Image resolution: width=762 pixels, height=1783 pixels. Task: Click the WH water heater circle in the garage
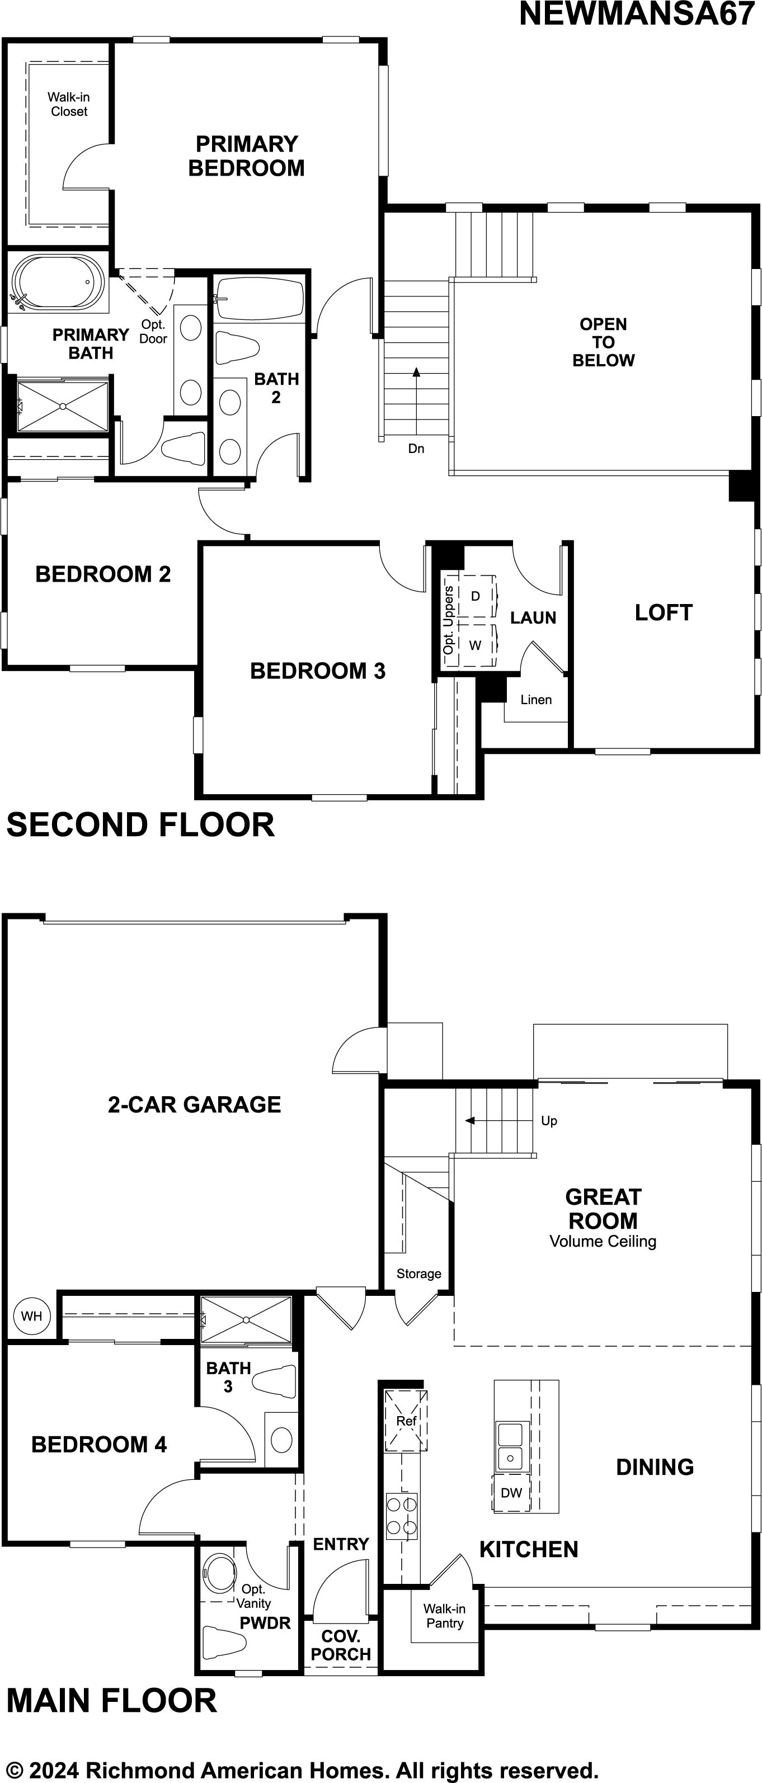point(31,1316)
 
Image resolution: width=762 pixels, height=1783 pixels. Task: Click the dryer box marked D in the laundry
point(476,595)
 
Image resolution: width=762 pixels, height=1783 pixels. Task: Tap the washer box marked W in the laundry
point(476,645)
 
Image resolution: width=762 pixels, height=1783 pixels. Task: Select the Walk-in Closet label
point(68,105)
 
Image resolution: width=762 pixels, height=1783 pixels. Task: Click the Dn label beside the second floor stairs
point(416,449)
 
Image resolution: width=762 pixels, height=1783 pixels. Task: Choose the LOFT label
point(663,612)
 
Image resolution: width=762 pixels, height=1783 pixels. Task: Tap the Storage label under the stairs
point(418,1273)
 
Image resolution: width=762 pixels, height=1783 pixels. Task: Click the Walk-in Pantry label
point(444,1616)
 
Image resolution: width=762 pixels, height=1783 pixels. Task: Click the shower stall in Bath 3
point(246,1320)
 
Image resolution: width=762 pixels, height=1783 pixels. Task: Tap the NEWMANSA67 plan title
point(637,14)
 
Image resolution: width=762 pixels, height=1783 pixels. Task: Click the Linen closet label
point(535,700)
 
